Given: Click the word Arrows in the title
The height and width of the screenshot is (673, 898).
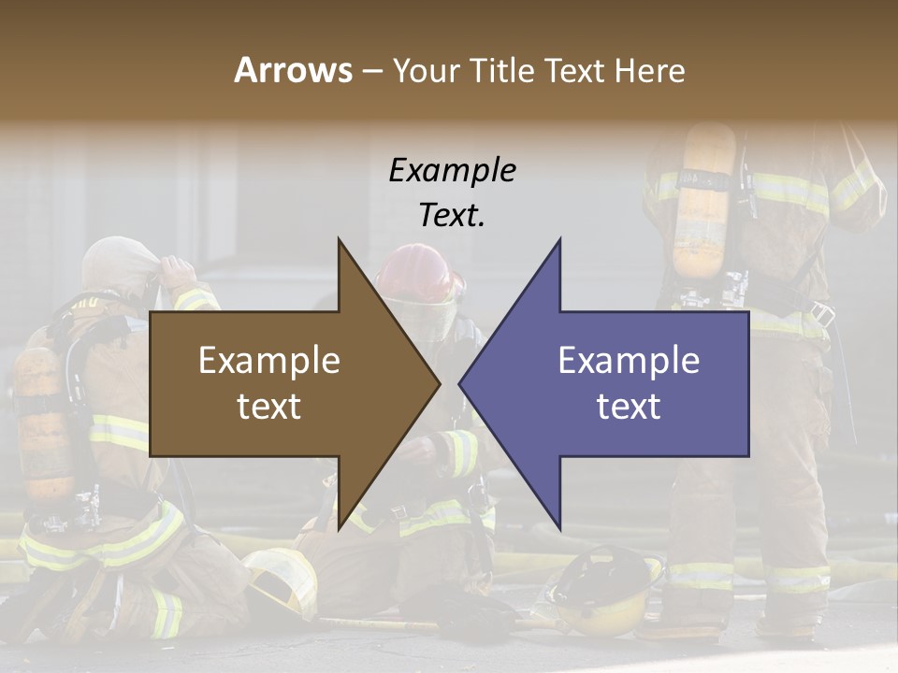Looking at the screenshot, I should tap(293, 70).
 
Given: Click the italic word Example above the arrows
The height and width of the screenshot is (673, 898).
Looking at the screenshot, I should tap(452, 171).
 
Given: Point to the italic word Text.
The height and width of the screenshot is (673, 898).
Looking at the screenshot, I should tap(452, 215).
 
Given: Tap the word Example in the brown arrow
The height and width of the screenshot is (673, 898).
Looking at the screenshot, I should tap(269, 361).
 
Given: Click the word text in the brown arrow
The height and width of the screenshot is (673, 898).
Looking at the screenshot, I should tap(269, 407).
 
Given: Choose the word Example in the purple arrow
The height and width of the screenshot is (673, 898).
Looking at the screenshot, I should tap(629, 361).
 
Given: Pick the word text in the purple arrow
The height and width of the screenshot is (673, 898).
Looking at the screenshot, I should tap(629, 407).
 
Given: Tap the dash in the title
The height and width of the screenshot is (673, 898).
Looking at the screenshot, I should tap(371, 72).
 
